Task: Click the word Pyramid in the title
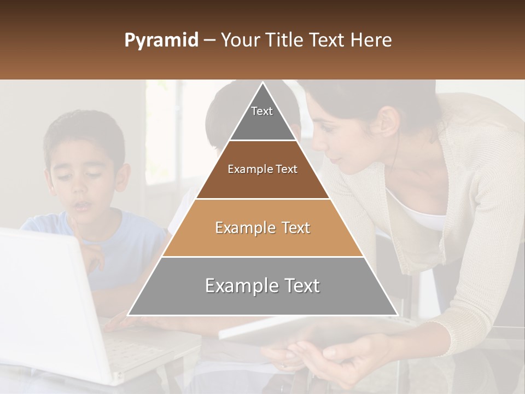161,41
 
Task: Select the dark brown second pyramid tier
262,170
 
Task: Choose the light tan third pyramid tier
262,228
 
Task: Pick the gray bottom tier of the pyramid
262,286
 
